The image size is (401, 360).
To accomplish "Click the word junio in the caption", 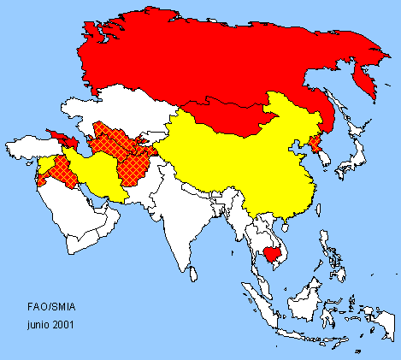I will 38,324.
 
